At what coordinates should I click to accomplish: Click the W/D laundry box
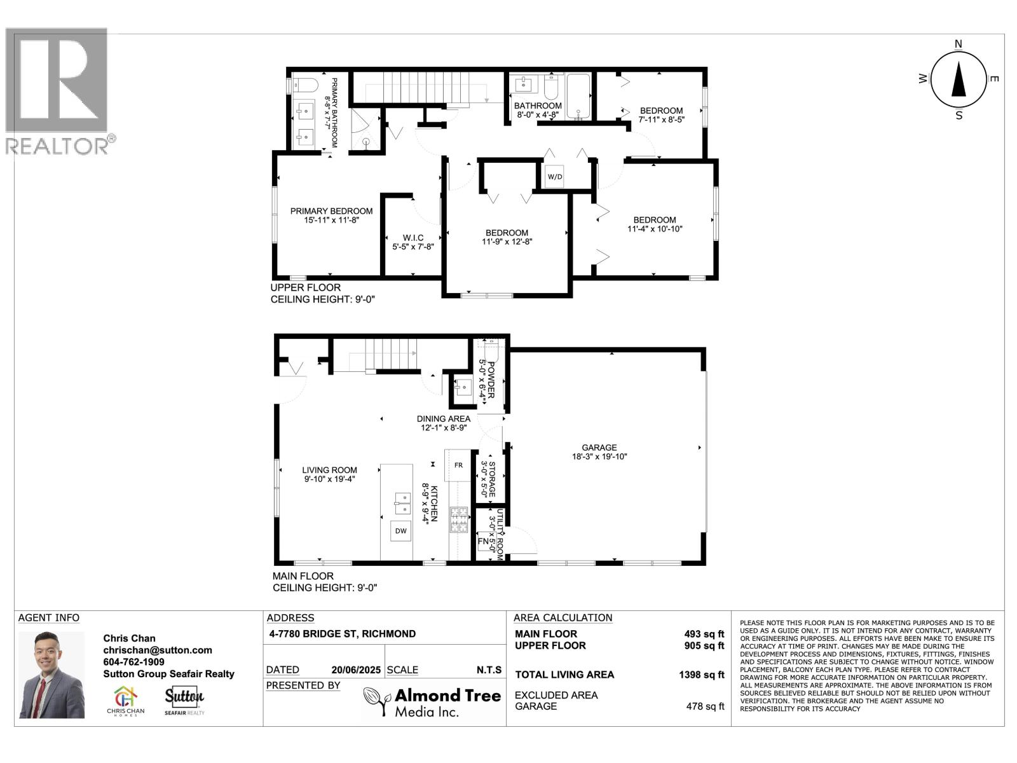pyautogui.click(x=554, y=176)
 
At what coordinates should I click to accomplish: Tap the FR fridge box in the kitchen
pyautogui.click(x=458, y=465)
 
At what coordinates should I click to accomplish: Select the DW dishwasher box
pyautogui.click(x=400, y=531)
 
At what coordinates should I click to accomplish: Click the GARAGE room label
pyautogui.click(x=599, y=448)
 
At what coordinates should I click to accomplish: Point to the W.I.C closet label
pyautogui.click(x=413, y=238)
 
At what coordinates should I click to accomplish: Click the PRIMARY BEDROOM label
pyautogui.click(x=331, y=211)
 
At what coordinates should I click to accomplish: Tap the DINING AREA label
pyautogui.click(x=444, y=418)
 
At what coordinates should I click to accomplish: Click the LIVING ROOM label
pyautogui.click(x=329, y=471)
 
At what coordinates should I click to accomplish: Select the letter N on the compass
pyautogui.click(x=959, y=44)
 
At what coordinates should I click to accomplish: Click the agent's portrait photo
pyautogui.click(x=51, y=675)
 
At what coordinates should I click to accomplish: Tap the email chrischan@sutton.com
pyautogui.click(x=158, y=650)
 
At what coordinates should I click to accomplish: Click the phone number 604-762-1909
pyautogui.click(x=133, y=662)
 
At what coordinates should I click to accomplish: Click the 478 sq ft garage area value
pyautogui.click(x=705, y=706)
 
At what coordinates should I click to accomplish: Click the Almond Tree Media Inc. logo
pyautogui.click(x=432, y=702)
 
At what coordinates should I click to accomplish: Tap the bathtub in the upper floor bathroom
pyautogui.click(x=578, y=97)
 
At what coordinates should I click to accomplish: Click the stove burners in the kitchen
pyautogui.click(x=458, y=519)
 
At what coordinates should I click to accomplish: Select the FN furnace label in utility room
pyautogui.click(x=483, y=542)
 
